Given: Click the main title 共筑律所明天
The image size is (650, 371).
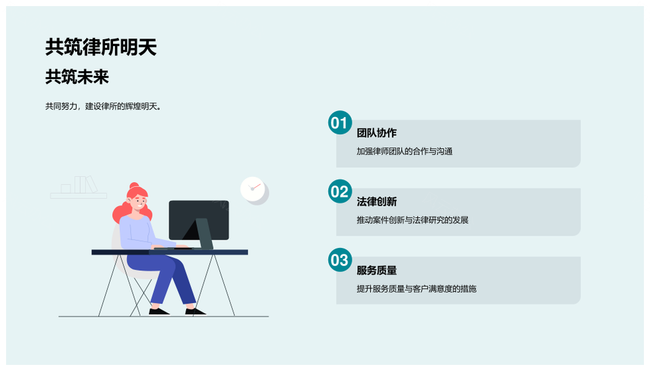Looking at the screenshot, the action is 101,47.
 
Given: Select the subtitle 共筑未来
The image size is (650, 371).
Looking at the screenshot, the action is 77,77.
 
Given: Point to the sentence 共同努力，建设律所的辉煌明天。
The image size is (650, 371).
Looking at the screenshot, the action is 103,106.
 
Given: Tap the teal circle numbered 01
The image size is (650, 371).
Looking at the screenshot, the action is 340,123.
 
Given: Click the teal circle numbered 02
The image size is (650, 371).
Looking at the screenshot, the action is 340,191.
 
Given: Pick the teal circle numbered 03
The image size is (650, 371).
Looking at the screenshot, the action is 340,260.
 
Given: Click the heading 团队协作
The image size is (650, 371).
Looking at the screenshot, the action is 377,133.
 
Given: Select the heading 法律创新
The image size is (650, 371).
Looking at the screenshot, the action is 377,202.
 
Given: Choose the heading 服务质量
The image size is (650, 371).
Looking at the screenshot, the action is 377,270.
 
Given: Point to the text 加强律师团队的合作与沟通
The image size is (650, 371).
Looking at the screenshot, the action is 405,151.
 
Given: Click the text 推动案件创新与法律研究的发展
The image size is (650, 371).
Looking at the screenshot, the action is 412,220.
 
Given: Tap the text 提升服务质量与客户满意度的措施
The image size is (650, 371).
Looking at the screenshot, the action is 416,288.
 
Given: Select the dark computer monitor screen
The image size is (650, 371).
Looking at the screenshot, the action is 198,220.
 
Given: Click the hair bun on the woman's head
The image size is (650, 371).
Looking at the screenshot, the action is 134,186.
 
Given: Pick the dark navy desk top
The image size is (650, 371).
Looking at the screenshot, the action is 169,252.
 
